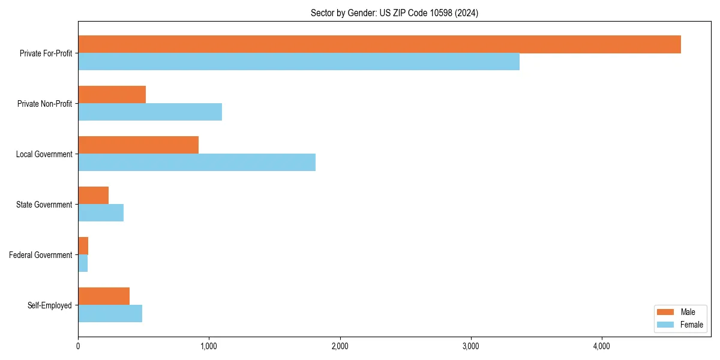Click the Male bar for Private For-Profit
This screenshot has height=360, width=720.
379,44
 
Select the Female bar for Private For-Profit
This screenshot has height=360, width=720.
299,62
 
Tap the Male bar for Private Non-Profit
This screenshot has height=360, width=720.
112,95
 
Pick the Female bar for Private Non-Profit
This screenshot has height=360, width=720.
150,112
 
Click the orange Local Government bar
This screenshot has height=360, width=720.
138,145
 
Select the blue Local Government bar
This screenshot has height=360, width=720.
197,163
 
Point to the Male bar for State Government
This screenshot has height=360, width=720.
94,196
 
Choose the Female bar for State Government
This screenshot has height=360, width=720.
101,213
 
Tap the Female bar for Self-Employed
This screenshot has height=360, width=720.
110,314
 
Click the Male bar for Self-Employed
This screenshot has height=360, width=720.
104,296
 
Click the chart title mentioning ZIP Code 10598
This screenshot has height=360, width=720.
394,13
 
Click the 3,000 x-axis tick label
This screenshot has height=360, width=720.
470,346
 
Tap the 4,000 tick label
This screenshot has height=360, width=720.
601,346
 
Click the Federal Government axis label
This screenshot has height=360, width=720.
40,255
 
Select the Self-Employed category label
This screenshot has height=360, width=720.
49,305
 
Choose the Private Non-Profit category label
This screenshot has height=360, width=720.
44,104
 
